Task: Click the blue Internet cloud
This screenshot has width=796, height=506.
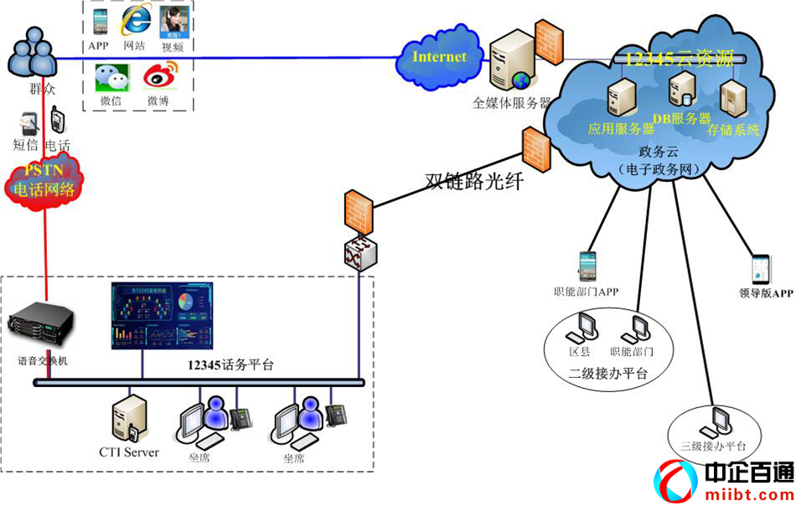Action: click(x=439, y=59)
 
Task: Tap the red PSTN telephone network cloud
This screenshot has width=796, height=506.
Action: click(x=44, y=180)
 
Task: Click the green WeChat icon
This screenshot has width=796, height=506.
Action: click(x=109, y=78)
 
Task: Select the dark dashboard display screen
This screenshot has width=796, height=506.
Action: click(x=162, y=316)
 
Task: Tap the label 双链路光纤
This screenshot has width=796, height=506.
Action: click(x=474, y=180)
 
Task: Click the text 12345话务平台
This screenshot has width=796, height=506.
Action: click(x=230, y=365)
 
